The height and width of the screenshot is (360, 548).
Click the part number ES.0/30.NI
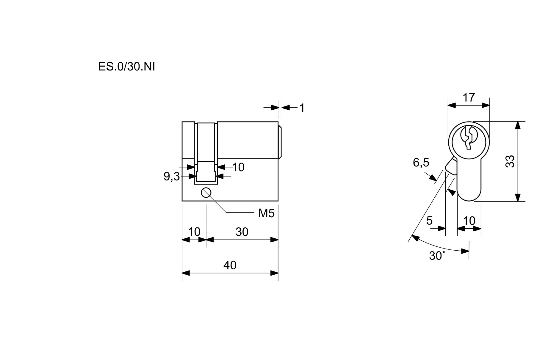126,67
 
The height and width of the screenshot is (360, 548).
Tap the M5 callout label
266,213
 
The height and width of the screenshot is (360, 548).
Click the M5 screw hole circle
206,193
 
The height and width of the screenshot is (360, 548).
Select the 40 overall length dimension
230,265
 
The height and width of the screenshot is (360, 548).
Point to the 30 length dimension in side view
242,232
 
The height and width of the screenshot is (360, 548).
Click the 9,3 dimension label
172,177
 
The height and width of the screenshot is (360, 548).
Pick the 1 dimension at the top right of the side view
302,108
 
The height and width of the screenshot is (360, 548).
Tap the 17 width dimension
469,98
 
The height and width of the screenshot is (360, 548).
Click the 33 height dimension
510,161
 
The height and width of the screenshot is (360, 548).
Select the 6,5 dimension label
421,163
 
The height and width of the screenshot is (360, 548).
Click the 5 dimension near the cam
429,221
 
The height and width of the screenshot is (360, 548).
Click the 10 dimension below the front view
469,221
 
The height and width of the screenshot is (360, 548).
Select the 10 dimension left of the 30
194,232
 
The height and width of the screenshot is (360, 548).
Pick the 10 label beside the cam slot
238,167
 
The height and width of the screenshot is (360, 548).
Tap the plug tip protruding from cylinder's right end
280,142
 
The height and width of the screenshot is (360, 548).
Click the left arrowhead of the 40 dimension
186,273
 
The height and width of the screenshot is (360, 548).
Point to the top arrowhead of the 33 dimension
518,125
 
